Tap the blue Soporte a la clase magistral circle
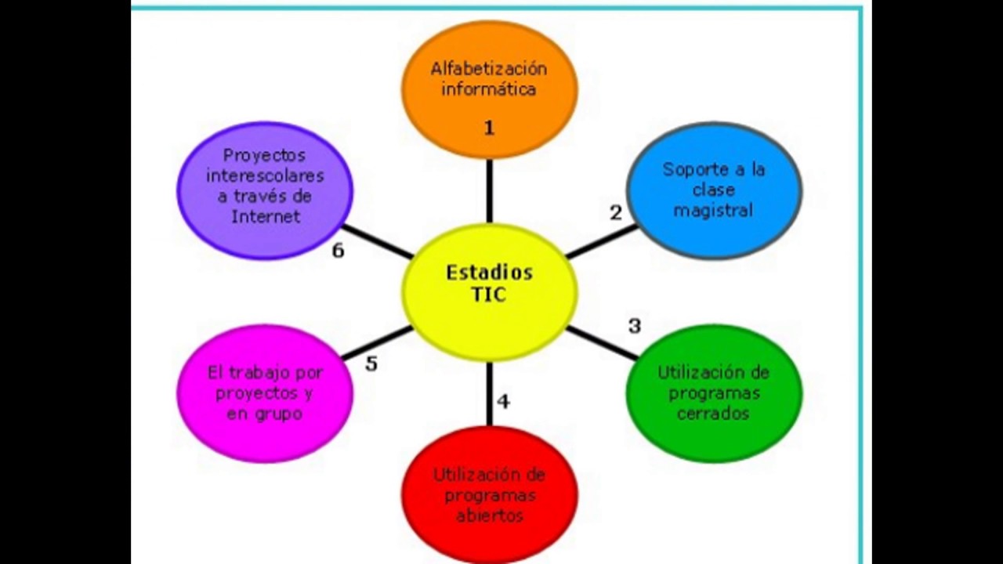pyautogui.click(x=714, y=190)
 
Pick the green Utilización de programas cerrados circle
pyautogui.click(x=714, y=392)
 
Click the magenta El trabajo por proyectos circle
pyautogui.click(x=265, y=392)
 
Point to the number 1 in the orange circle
pyautogui.click(x=489, y=128)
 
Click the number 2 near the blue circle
pyautogui.click(x=616, y=212)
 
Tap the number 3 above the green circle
pyautogui.click(x=635, y=326)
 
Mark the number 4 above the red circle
pyautogui.click(x=503, y=402)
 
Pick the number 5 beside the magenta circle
pyautogui.click(x=371, y=364)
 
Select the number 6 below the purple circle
pyautogui.click(x=338, y=251)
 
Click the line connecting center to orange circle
pyautogui.click(x=490, y=190)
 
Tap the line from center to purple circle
pyautogui.click(x=378, y=242)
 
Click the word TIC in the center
pyautogui.click(x=490, y=295)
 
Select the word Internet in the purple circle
pyautogui.click(x=266, y=217)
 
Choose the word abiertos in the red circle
pyautogui.click(x=490, y=516)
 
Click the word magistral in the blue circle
pyautogui.click(x=713, y=211)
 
